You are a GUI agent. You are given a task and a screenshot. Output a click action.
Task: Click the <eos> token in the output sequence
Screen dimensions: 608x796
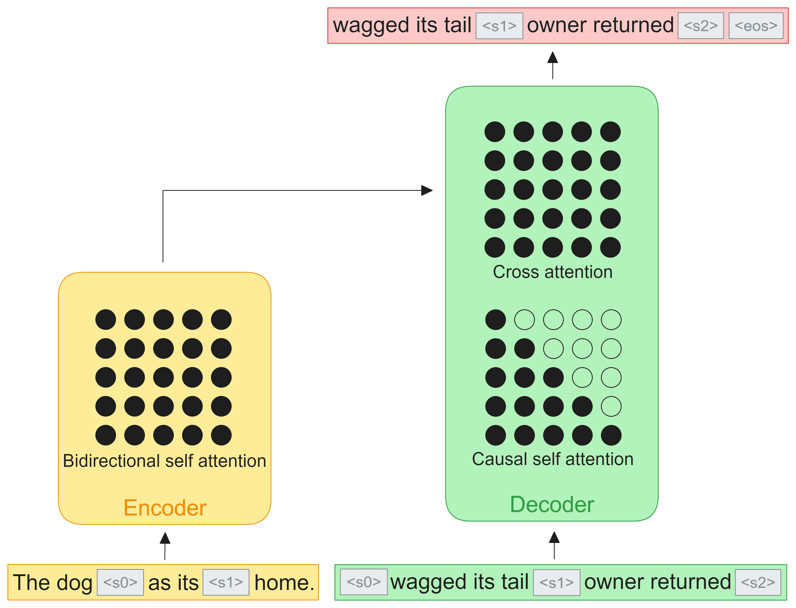click(755, 26)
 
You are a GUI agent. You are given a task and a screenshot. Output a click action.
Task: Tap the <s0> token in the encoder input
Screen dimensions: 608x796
click(120, 582)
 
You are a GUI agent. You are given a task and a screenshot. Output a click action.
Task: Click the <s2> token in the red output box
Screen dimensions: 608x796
click(700, 26)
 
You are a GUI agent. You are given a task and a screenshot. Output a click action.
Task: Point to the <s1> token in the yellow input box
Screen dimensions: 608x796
click(226, 582)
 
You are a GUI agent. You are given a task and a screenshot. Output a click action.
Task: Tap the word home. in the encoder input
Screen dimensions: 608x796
click(284, 583)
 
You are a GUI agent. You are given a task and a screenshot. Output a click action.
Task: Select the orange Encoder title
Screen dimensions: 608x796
click(165, 508)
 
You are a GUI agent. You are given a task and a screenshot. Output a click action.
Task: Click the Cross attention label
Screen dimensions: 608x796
click(552, 272)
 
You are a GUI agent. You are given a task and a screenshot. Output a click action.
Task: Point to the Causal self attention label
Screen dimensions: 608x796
click(552, 459)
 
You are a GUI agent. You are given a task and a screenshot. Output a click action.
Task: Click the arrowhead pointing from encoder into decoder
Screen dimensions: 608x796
click(427, 190)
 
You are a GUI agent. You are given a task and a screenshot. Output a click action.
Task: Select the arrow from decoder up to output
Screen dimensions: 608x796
click(552, 65)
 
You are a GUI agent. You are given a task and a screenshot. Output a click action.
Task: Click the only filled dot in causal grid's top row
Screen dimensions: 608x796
click(495, 320)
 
